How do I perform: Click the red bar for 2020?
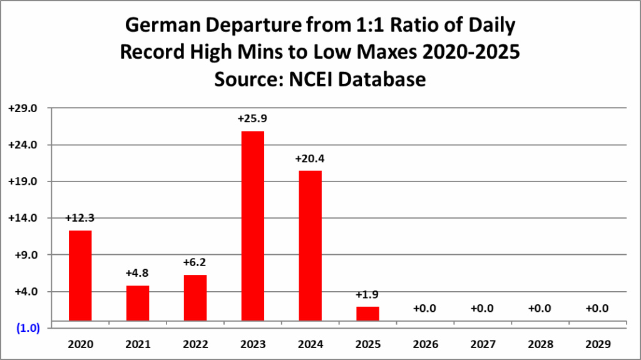80,275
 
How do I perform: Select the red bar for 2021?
138,303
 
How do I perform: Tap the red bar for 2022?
195,298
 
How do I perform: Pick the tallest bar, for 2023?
253,225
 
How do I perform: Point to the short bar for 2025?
367,314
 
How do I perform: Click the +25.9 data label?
252,118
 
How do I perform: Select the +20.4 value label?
310,158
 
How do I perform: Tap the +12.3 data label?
80,218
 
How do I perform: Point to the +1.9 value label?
367,295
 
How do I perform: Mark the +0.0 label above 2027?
483,309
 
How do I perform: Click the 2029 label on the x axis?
598,345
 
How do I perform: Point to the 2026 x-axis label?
425,345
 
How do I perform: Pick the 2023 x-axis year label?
253,345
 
